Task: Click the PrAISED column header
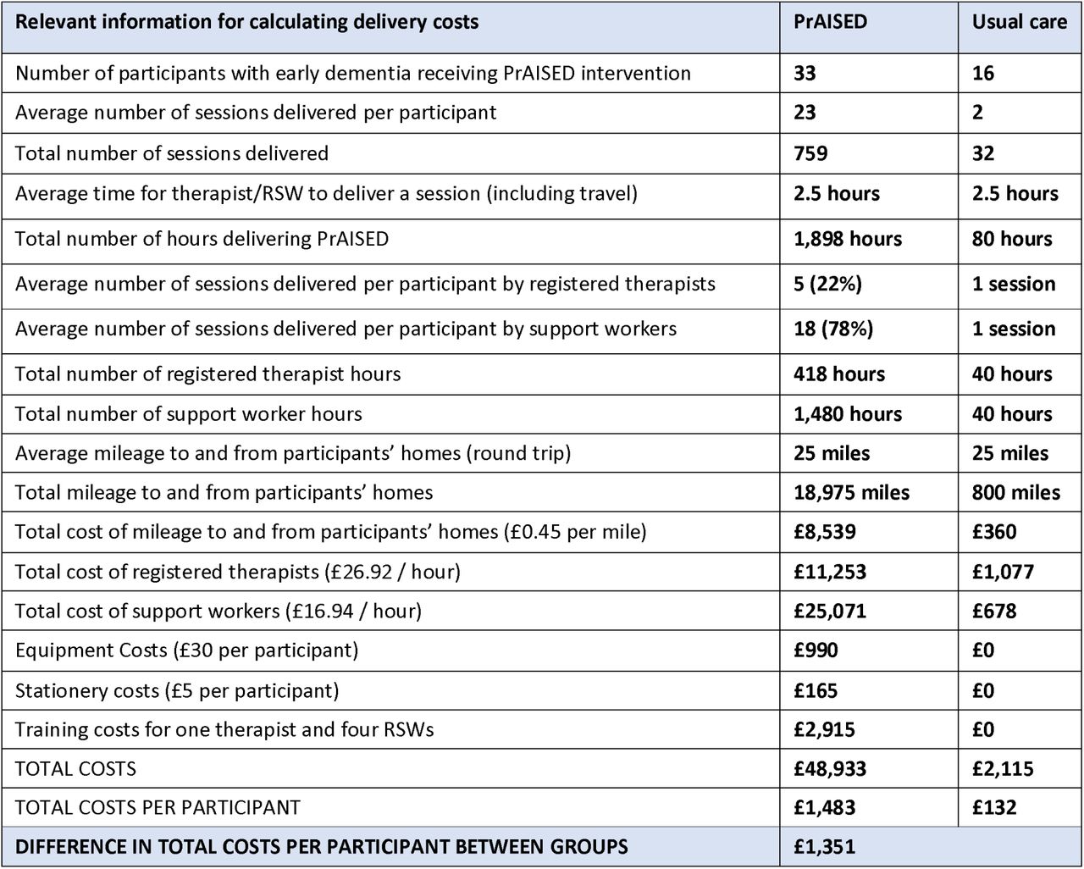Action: click(830, 22)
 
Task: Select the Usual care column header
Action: click(1019, 22)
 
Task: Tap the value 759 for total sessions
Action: click(810, 153)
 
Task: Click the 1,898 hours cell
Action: click(848, 239)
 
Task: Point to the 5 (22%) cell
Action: click(827, 284)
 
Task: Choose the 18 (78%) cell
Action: click(833, 329)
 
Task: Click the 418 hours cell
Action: click(839, 374)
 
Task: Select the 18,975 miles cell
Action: click(852, 492)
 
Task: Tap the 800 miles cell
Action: click(1015, 492)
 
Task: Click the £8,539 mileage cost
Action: click(825, 531)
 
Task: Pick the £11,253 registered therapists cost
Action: click(830, 572)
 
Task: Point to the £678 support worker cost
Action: click(994, 611)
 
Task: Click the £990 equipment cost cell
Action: click(816, 650)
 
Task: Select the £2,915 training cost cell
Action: click(824, 729)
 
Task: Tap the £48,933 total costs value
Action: click(830, 769)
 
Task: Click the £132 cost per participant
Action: click(994, 807)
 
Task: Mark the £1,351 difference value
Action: click(824, 847)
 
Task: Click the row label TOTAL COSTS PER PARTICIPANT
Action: click(158, 807)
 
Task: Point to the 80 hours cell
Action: click(1011, 239)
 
